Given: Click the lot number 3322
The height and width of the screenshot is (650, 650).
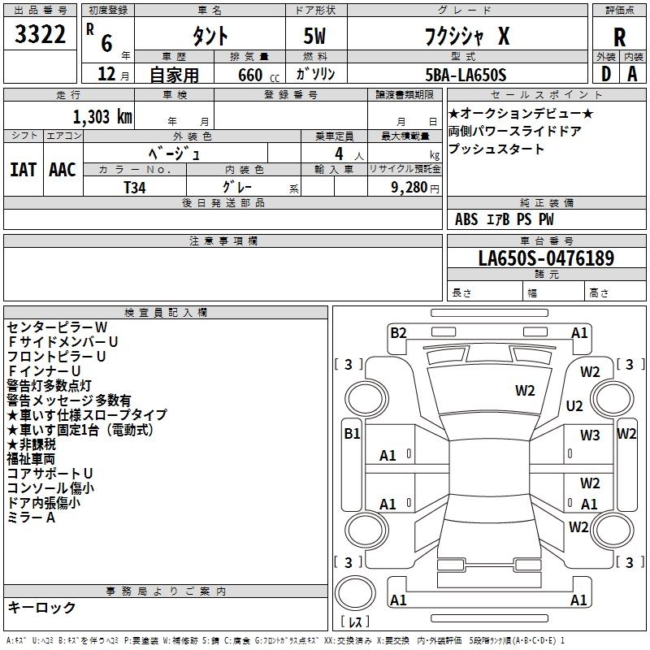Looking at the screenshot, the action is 40,35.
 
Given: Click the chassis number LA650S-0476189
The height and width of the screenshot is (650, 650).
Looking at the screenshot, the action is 546,258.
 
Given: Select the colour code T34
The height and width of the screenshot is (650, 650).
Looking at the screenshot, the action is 136,186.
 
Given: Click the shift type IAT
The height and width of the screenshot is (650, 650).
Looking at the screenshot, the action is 24,170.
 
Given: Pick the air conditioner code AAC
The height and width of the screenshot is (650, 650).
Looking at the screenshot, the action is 63,170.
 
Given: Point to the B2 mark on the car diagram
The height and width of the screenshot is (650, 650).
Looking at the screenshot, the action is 398,331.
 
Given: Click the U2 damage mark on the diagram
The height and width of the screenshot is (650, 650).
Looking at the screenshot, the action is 574,405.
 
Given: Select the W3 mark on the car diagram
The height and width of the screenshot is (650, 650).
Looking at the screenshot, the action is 590,435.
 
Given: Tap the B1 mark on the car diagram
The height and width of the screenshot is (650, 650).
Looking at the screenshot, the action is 352,434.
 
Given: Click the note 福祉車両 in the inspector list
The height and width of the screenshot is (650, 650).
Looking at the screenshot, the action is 34,459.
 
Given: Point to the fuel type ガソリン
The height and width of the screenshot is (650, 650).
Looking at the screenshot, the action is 315,74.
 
